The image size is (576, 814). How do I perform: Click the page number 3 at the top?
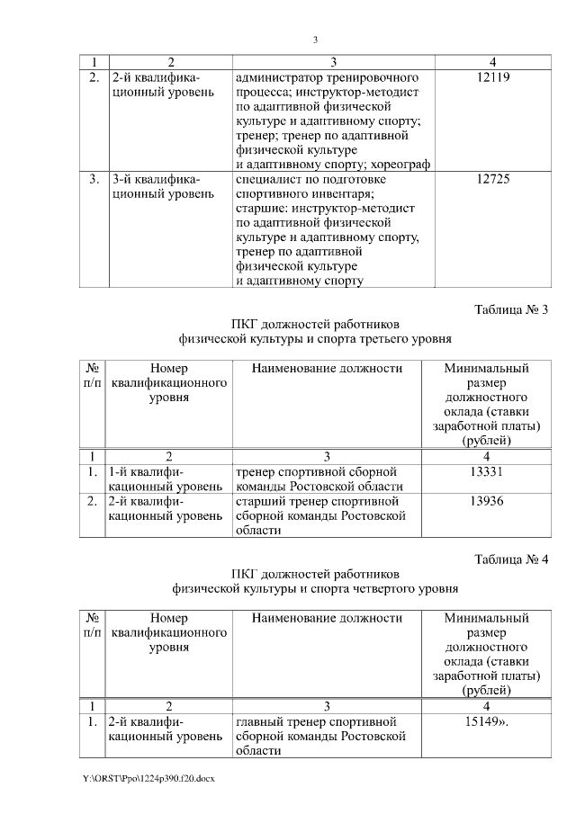(315, 40)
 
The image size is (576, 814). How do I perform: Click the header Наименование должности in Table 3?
(327, 368)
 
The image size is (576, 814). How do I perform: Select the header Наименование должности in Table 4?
(327, 618)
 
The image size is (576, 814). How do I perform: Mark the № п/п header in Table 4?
(92, 625)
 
